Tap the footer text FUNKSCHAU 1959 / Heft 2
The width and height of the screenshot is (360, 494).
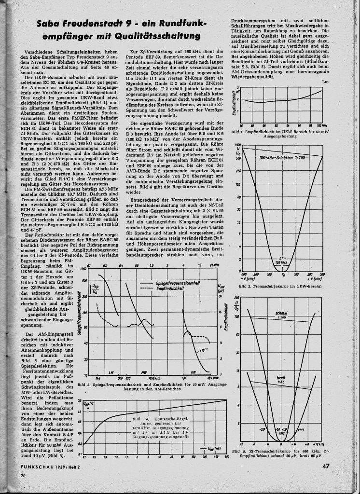click(53, 467)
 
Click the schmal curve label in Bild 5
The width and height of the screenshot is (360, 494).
click(281, 313)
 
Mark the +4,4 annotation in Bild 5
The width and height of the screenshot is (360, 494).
click(301, 429)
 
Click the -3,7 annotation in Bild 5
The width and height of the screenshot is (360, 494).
click(263, 429)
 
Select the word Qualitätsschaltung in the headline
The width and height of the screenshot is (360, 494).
click(155, 36)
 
